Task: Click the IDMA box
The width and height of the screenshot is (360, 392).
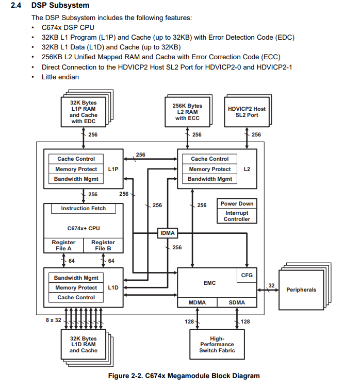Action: point(168,233)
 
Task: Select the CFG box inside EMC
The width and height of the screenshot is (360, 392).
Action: point(247,275)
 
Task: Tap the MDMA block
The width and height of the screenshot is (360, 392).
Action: point(197,302)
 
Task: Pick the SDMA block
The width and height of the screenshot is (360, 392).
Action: point(237,302)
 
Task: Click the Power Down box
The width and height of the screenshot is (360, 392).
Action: point(237,203)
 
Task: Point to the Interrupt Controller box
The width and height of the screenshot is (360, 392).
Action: point(237,216)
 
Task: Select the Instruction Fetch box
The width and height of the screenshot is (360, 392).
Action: point(84,208)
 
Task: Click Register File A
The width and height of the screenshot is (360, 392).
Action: point(63,246)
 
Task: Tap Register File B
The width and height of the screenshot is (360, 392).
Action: point(103,246)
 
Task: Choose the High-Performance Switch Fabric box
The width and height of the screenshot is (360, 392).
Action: point(217,345)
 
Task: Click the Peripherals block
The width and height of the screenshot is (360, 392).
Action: point(301,290)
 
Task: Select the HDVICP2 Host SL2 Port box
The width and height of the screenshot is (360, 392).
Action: point(247,112)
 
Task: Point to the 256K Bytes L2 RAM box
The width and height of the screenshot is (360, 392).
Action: point(187,112)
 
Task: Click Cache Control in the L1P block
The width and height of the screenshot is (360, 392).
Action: point(76,159)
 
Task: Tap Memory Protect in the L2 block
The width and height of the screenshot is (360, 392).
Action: point(210,169)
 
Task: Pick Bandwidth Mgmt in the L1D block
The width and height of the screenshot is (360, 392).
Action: point(76,278)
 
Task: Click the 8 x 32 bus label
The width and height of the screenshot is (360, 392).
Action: point(53,320)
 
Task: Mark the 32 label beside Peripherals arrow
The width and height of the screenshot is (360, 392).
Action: point(271,285)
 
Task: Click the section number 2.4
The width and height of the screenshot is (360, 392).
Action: point(16,5)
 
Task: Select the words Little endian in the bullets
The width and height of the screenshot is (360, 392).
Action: point(60,77)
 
